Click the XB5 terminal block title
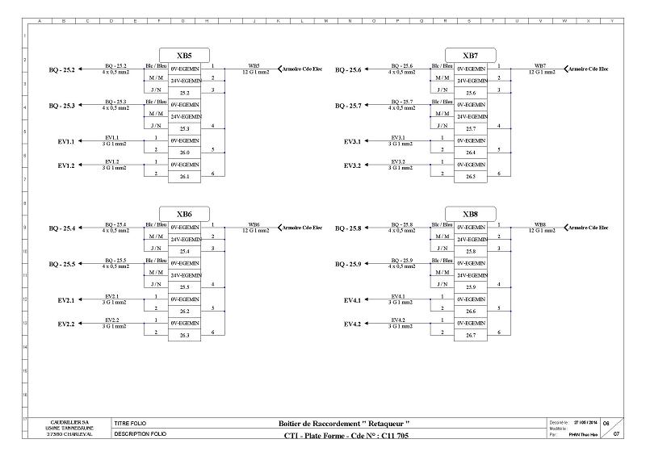click(184, 56)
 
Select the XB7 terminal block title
click(470, 56)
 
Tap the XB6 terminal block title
click(184, 214)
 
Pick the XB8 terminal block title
click(470, 214)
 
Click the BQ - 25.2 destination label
click(62, 70)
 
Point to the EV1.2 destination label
click(66, 165)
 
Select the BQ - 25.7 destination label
click(348, 106)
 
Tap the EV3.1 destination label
click(353, 141)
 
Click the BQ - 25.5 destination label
click(62, 264)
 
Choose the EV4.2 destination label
click(353, 324)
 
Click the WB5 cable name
click(254, 65)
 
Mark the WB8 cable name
click(540, 224)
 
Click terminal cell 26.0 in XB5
click(185, 153)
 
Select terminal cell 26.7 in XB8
click(471, 335)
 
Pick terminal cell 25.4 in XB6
click(185, 251)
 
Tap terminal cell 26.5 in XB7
click(471, 177)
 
